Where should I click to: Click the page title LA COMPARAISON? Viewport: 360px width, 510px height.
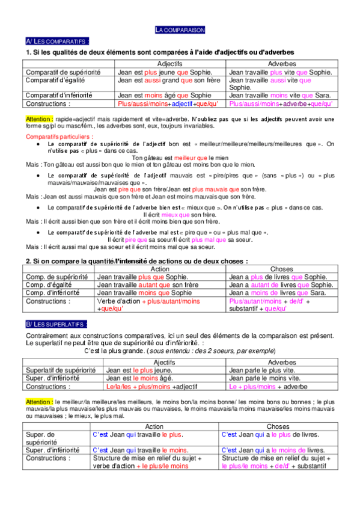180,29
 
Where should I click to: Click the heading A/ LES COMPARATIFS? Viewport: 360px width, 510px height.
57,41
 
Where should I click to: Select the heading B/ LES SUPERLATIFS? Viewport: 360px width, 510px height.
56,324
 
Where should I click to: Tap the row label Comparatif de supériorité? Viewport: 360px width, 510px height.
63,72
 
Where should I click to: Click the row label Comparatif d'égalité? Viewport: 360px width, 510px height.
59,79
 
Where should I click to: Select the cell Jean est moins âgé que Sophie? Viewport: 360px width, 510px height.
164,95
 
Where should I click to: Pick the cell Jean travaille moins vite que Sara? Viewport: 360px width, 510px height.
279,95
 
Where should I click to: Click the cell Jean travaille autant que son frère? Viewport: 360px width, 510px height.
147,284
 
